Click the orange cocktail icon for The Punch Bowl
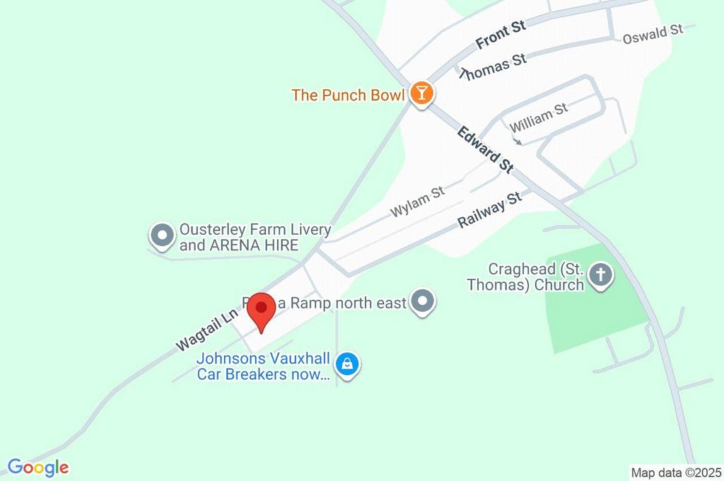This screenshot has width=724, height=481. (x=421, y=93)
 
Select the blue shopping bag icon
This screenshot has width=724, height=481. (x=347, y=364)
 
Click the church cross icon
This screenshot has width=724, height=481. (x=601, y=276)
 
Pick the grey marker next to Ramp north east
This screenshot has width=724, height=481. (x=424, y=303)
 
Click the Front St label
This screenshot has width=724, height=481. (x=501, y=35)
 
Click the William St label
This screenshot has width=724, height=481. (x=539, y=117)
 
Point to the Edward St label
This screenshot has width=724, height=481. (x=485, y=149)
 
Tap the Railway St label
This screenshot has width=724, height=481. (x=489, y=209)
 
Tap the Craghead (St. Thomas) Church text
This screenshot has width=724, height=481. (x=536, y=277)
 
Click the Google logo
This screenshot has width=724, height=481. (x=38, y=468)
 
